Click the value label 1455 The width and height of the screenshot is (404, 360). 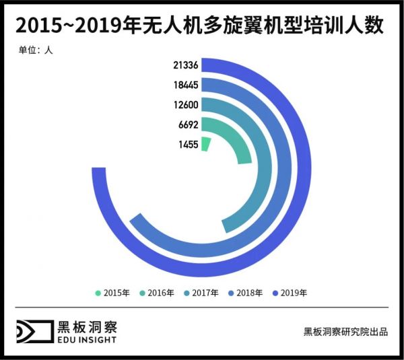pos(188,143)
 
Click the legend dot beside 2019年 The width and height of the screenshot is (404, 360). pos(274,293)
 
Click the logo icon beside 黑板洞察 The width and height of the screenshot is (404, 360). pos(34,332)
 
